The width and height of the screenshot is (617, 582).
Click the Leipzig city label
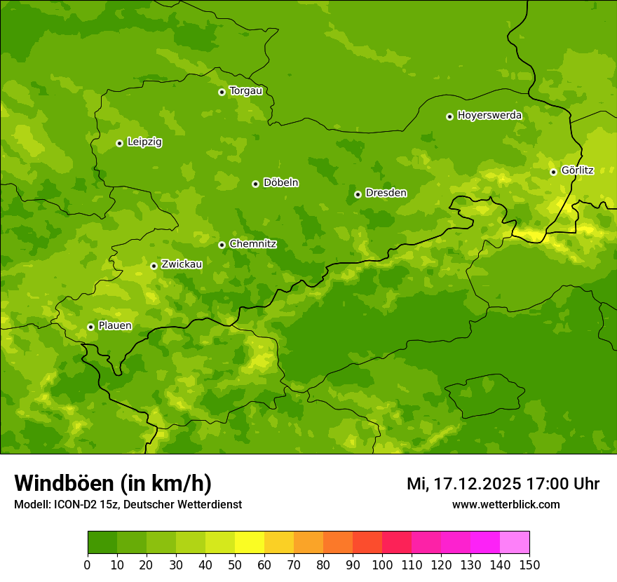[x=144, y=142]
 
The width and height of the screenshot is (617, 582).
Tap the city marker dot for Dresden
[x=358, y=194]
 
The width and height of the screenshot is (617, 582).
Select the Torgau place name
[x=245, y=91]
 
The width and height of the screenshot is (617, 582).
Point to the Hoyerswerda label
[x=489, y=116]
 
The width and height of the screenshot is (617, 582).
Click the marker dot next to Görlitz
[x=553, y=172]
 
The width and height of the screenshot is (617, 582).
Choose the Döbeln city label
[x=280, y=183]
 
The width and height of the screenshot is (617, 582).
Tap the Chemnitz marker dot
[x=222, y=245]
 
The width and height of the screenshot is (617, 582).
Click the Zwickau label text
[x=182, y=265]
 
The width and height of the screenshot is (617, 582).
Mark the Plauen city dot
[x=90, y=327]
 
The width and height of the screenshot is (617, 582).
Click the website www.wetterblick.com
[x=506, y=505]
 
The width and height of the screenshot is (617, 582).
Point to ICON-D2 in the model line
[x=76, y=505]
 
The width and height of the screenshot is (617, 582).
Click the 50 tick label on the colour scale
[x=235, y=564]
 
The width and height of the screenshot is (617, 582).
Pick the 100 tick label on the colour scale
[x=382, y=564]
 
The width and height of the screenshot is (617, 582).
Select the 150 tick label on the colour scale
[x=529, y=564]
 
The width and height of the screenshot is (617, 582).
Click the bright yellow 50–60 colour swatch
[x=250, y=543]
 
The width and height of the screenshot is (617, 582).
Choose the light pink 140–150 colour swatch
[x=515, y=543]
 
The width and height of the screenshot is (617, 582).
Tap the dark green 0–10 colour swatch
[x=102, y=543]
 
